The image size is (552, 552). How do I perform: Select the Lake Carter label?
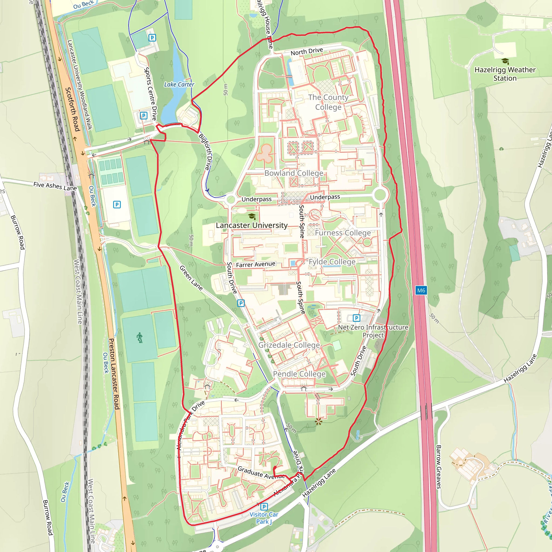click(x=179, y=85)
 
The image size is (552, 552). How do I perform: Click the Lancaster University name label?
click(x=252, y=225)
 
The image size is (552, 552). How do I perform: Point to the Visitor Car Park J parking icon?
click(x=264, y=506)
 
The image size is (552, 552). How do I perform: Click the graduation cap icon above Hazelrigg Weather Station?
click(x=505, y=61)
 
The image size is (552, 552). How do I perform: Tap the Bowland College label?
click(x=294, y=173)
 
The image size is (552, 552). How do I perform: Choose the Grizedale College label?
click(x=289, y=345)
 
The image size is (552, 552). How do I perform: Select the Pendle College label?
click(x=299, y=374)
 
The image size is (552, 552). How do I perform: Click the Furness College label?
click(x=343, y=233)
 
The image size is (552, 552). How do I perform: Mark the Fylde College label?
click(x=332, y=262)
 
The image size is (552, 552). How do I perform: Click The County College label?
click(x=328, y=102)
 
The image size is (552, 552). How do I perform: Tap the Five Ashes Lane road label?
click(x=55, y=186)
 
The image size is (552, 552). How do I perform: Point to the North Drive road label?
click(x=306, y=52)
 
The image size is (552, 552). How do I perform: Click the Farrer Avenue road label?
click(x=256, y=265)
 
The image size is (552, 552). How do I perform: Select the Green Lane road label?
click(x=191, y=278)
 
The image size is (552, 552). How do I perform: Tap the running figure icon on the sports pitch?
click(x=139, y=338)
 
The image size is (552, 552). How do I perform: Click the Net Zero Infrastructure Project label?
click(x=373, y=331)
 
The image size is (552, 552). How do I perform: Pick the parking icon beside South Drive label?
click(x=241, y=303)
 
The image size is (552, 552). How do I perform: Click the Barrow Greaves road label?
click(x=439, y=467)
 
